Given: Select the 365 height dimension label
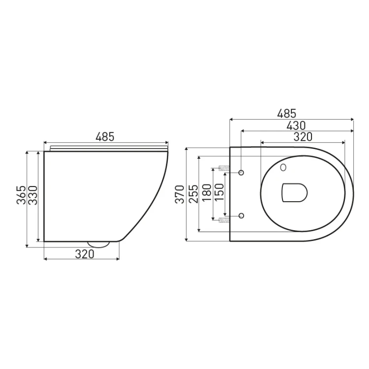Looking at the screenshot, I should tap(21, 195).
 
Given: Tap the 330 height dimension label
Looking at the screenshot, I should tap(33, 195).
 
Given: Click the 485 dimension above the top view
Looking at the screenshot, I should tap(291, 113).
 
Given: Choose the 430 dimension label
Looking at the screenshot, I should tap(296, 125).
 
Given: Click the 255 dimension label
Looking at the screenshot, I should tap(193, 194).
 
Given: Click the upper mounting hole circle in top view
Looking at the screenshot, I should tap(242, 172).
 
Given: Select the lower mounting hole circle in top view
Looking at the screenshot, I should tap(242, 215).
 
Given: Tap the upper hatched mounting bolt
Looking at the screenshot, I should tap(224, 169).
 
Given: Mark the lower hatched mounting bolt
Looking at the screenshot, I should tap(224, 218).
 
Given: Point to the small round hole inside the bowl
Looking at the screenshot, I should tap(283, 167).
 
